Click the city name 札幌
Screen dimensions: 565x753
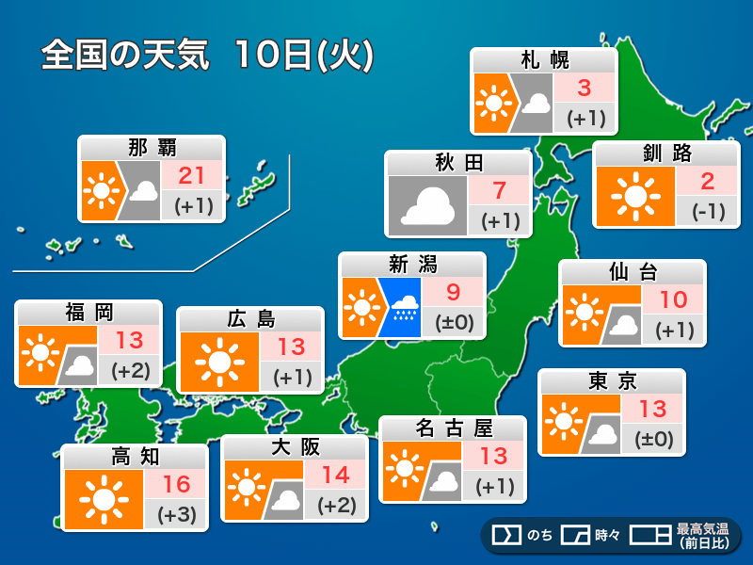(x=545, y=61)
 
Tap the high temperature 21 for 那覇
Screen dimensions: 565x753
(x=193, y=174)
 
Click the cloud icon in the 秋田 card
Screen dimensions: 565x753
(x=427, y=205)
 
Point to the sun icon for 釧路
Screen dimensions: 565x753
(x=635, y=196)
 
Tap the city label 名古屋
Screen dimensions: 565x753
(x=454, y=428)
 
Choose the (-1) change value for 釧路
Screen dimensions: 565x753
(x=707, y=211)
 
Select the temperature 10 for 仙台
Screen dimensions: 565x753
(x=674, y=300)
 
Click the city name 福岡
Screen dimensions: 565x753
(x=89, y=313)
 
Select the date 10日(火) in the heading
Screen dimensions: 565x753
(x=303, y=56)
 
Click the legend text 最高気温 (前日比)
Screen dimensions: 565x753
(x=700, y=535)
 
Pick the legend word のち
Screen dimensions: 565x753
(x=539, y=535)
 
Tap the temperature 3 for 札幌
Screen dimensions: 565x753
(x=585, y=89)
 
